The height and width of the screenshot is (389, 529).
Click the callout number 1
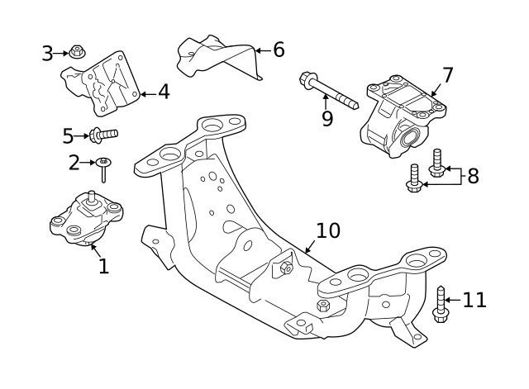[x=103, y=266]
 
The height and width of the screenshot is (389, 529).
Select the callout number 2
[x=74, y=163]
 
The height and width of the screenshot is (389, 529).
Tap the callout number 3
[x=47, y=54]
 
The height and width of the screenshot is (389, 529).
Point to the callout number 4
[x=164, y=92]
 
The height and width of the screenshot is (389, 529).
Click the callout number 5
[x=69, y=135]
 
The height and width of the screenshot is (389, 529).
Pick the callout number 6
[x=278, y=50]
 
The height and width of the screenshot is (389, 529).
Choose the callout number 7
[x=447, y=76]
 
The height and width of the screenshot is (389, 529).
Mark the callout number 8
[x=473, y=176]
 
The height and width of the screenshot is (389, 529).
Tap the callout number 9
[x=327, y=119]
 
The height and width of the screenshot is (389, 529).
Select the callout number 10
[x=327, y=230]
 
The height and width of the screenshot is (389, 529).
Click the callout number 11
[x=474, y=300]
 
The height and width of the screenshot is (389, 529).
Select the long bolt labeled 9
[x=328, y=92]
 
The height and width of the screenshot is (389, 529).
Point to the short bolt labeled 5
[x=103, y=133]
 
